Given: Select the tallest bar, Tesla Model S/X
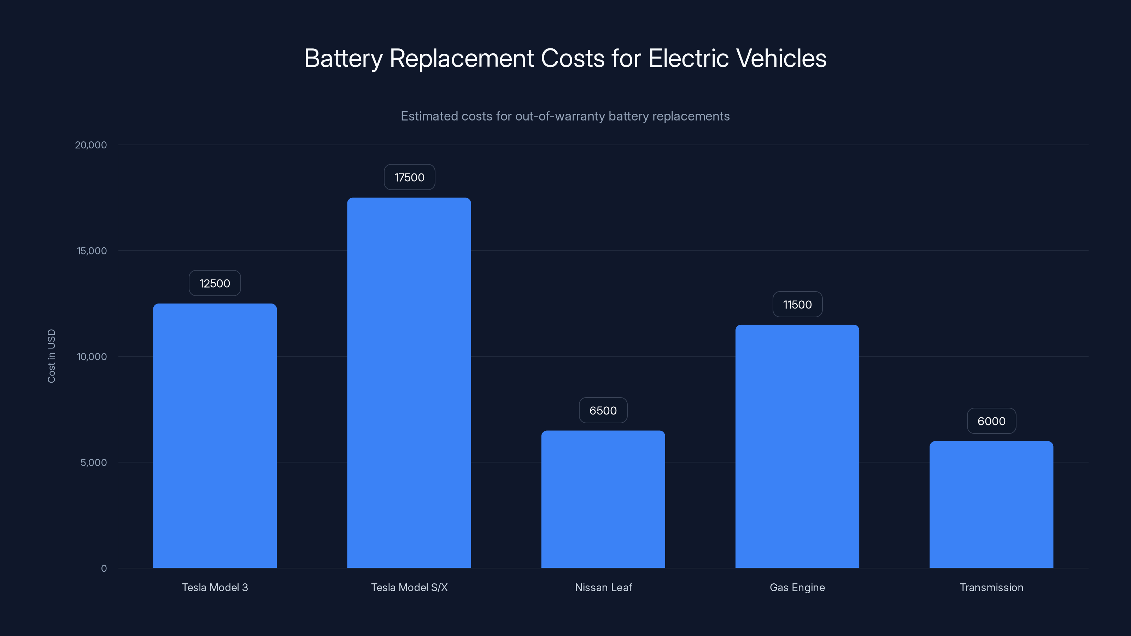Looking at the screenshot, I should click(x=409, y=383).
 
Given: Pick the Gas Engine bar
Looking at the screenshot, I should click(x=797, y=446).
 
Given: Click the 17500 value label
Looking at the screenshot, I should click(x=409, y=177).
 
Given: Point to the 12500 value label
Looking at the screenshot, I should click(x=215, y=283).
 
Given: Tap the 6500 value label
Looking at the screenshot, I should click(x=603, y=410).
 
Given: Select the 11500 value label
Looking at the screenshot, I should click(x=797, y=304).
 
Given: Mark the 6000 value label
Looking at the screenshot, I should click(x=991, y=421).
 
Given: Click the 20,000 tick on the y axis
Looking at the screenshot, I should click(x=91, y=145).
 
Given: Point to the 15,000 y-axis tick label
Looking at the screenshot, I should click(x=92, y=251).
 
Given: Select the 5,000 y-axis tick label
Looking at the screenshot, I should click(x=94, y=462).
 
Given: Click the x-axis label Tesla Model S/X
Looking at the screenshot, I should click(x=409, y=587).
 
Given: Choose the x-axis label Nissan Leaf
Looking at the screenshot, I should click(x=603, y=587).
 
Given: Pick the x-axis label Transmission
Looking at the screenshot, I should click(x=991, y=587).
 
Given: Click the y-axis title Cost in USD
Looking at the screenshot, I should click(x=51, y=356).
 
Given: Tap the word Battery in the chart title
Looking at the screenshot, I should click(x=343, y=58).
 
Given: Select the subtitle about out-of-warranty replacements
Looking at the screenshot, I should click(x=565, y=116).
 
